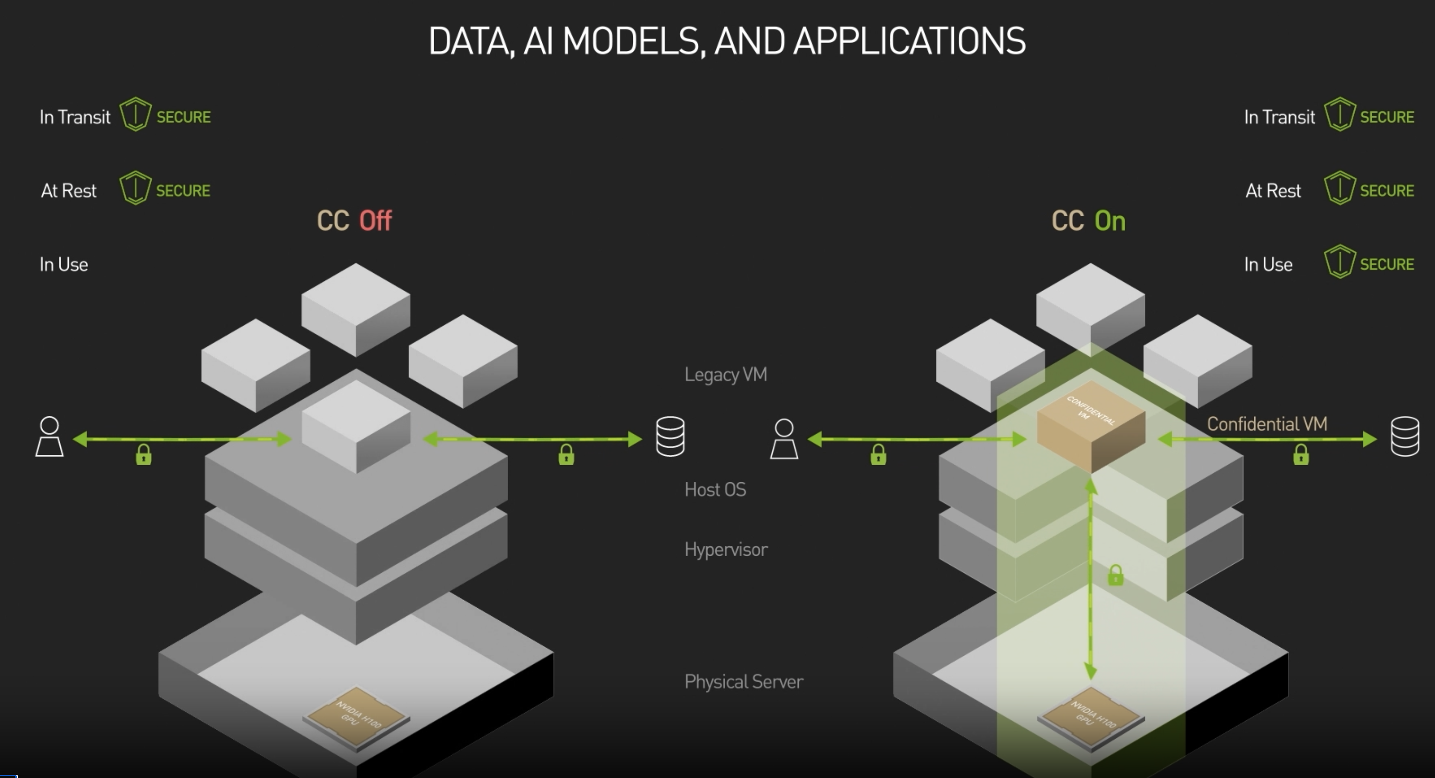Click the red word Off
(376, 221)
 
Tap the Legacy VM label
(725, 374)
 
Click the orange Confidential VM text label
(1267, 424)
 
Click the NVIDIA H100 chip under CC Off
(356, 716)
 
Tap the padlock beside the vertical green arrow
(1115, 575)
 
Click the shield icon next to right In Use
(1339, 262)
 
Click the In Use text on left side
(64, 265)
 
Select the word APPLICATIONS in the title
(909, 42)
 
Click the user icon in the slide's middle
(784, 439)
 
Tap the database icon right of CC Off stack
(670, 436)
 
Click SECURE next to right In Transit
(1387, 118)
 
